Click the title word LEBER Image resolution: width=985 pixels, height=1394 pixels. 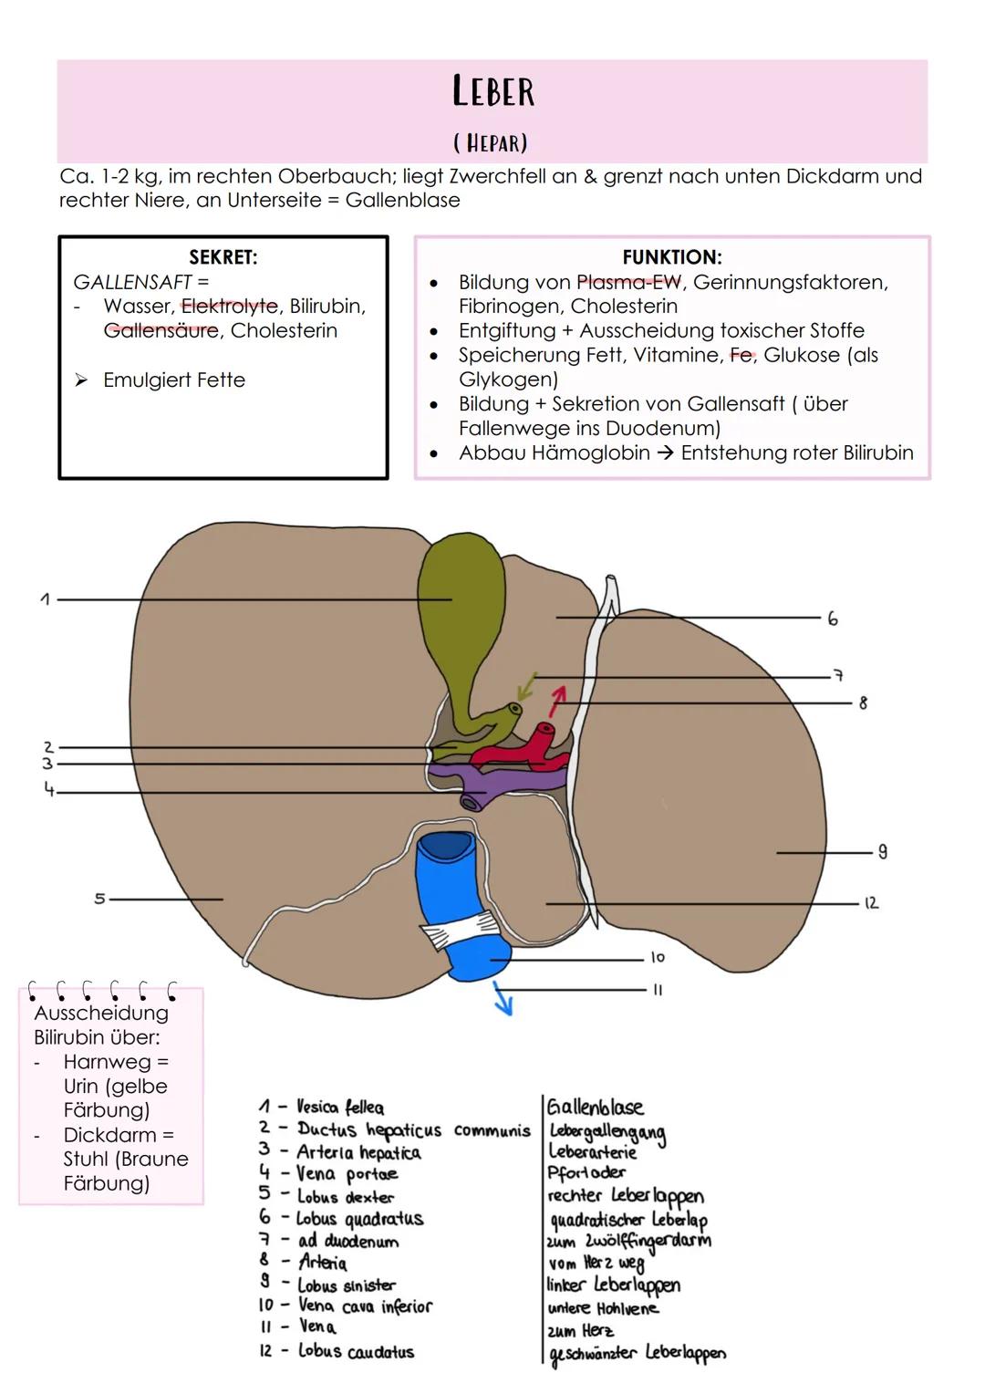click(493, 91)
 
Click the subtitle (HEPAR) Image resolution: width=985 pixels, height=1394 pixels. click(491, 143)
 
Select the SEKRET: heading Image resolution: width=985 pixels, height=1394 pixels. click(223, 257)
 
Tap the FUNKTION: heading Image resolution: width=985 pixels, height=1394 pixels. click(671, 257)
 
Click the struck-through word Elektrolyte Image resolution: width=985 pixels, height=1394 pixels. click(229, 307)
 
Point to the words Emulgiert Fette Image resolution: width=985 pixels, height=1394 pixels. click(173, 380)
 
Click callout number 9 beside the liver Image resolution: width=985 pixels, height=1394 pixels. click(882, 851)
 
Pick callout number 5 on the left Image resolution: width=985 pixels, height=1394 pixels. click(99, 899)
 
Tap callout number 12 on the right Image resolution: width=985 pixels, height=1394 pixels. click(871, 902)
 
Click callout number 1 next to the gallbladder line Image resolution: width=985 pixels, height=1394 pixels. click(45, 599)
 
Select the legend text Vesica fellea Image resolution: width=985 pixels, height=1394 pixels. click(340, 1108)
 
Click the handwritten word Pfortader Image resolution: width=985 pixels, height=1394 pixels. click(586, 1173)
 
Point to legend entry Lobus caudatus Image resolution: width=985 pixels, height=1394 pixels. click(356, 1351)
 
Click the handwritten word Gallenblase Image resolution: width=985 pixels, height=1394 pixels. click(595, 1108)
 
